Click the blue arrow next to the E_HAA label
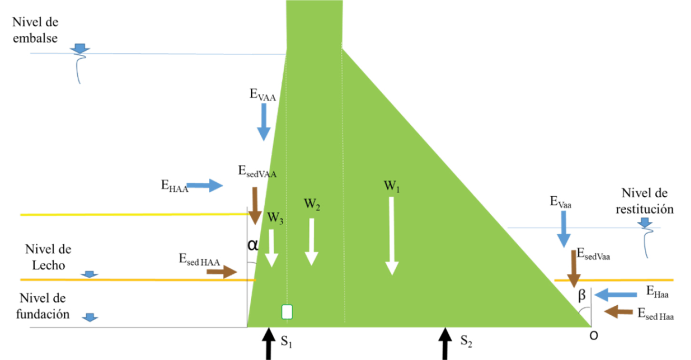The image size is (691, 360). click(x=205, y=185)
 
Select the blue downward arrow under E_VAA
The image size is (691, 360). click(x=264, y=122)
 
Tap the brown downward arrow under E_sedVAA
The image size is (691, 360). click(x=255, y=206)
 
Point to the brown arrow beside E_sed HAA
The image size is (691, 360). click(x=222, y=272)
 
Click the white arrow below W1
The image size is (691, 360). click(x=392, y=236)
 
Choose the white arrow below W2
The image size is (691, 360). click(x=312, y=242)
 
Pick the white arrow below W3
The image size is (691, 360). click(x=271, y=248)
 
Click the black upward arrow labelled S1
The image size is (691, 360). click(x=269, y=344)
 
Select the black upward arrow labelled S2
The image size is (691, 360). click(x=445, y=344)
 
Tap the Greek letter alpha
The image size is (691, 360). click(x=253, y=245)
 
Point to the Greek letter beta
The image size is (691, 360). click(x=582, y=295)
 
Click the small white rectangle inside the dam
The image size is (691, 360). click(x=287, y=312)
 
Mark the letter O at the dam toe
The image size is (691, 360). click(x=594, y=336)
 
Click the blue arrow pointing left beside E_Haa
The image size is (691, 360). click(x=615, y=295)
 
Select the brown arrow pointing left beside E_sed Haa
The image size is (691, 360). click(x=618, y=311)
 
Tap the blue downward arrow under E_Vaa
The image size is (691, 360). click(x=563, y=229)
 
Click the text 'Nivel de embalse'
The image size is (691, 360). click(x=35, y=30)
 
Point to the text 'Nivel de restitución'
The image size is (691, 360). click(x=645, y=201)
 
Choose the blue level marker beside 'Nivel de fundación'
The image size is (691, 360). click(x=90, y=318)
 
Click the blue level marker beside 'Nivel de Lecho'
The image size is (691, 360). click(x=89, y=274)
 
